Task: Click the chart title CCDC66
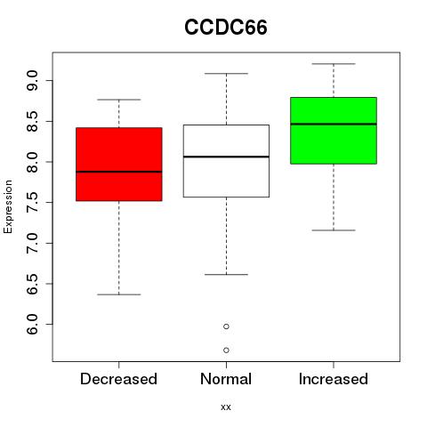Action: pos(226,28)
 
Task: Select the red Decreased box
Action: pos(119,165)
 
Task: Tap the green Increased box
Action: pos(334,131)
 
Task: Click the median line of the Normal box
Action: pos(226,157)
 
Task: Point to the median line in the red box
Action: pos(119,172)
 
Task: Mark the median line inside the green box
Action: pos(334,124)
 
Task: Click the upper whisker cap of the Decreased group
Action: pos(119,100)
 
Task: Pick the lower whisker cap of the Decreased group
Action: pos(119,294)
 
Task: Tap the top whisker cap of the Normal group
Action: pos(226,73)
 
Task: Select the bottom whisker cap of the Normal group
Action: pos(226,275)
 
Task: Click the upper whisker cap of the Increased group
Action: pos(334,64)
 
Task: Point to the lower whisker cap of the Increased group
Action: pos(334,230)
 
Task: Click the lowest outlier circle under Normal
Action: pos(226,350)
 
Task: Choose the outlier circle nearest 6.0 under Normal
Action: pos(226,326)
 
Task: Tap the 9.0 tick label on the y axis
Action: pos(32,81)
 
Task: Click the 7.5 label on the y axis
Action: pos(32,203)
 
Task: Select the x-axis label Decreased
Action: pos(118,379)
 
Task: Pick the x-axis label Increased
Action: pos(334,379)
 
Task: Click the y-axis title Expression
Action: pos(8,206)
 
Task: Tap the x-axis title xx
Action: pos(226,407)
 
